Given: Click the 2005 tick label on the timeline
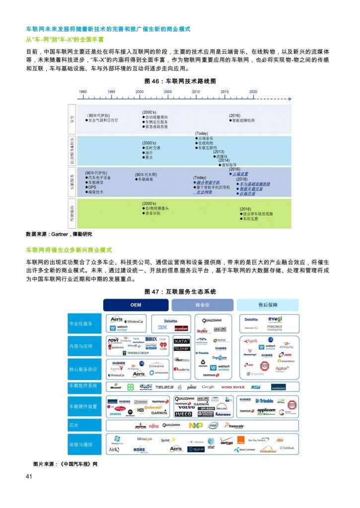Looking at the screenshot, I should point(168,92).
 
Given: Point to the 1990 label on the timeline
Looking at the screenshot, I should point(83,92).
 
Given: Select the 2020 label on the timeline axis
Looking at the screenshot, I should point(253,92).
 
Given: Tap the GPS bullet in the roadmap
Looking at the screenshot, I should point(92,187).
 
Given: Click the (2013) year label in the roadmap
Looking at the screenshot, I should point(219,151).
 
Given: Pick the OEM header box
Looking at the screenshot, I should point(136,305).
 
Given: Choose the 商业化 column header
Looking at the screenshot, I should point(202,305).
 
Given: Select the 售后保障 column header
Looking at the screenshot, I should point(268,305).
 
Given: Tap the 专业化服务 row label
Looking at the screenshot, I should point(80,323).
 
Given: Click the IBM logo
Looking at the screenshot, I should point(162,328).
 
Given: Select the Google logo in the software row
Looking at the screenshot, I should point(208,387).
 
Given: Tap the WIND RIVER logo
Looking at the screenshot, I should point(232,387).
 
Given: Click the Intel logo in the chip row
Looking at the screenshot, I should point(213,425).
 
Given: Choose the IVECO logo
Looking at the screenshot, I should point(183,414).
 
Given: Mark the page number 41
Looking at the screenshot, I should point(29,477).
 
